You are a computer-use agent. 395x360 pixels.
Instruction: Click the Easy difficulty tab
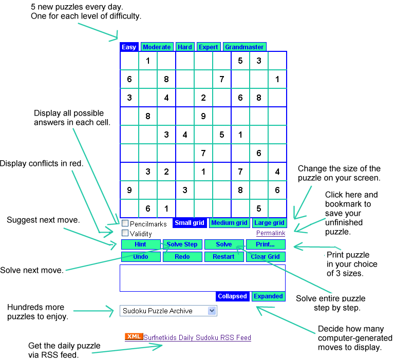(129, 47)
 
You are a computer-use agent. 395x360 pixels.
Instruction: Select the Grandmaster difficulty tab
(244, 47)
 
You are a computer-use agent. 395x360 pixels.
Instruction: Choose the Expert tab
(209, 47)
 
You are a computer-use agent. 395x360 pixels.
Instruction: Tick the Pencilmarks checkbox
(125, 223)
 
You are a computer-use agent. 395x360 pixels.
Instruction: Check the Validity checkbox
(125, 233)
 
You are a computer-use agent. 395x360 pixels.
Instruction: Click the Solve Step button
(182, 244)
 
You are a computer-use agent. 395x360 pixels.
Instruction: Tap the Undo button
(141, 257)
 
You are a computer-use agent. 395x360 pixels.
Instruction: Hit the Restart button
(224, 257)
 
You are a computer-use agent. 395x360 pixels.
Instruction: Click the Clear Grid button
(266, 257)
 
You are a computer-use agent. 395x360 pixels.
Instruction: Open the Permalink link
(271, 233)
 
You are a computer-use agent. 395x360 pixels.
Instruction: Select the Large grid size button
(269, 223)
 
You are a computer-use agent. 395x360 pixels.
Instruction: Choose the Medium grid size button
(229, 223)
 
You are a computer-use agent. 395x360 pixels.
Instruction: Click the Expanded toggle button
(269, 296)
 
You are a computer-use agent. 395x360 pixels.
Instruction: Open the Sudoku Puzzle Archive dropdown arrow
(212, 311)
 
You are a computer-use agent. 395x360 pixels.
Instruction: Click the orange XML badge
(134, 337)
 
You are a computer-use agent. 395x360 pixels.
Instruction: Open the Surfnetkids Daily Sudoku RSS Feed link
(197, 338)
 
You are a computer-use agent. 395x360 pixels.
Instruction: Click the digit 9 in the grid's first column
(129, 190)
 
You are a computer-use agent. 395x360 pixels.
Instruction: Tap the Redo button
(182, 257)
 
